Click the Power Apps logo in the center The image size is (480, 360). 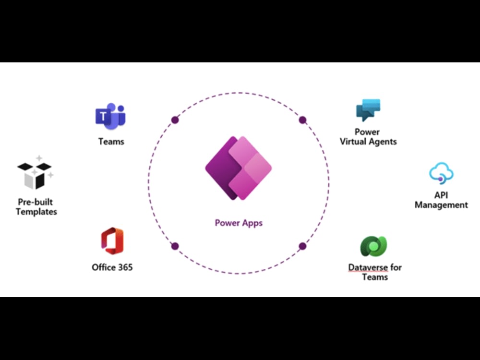pyautogui.click(x=239, y=168)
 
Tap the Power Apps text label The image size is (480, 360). pyautogui.click(x=239, y=223)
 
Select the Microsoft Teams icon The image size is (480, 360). pyautogui.click(x=110, y=116)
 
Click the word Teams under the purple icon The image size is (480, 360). pyautogui.click(x=111, y=142)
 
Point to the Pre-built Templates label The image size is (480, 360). pyautogui.click(x=36, y=207)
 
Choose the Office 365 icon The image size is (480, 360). pyautogui.click(x=112, y=241)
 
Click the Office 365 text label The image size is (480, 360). pyautogui.click(x=112, y=267)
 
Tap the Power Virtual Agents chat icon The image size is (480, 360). pyautogui.click(x=368, y=110)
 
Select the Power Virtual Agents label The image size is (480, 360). pyautogui.click(x=368, y=137)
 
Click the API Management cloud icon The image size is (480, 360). pyautogui.click(x=441, y=174)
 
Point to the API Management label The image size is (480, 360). pyautogui.click(x=441, y=200)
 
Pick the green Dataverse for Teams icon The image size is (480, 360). pyautogui.click(x=373, y=246)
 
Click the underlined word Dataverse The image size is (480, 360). pyautogui.click(x=368, y=267)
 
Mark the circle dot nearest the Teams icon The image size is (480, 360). pyautogui.click(x=175, y=120)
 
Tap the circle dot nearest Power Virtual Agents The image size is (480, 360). pyautogui.click(x=302, y=120)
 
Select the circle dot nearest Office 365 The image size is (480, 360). pyautogui.click(x=175, y=246)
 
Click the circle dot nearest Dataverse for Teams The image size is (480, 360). pyautogui.click(x=302, y=246)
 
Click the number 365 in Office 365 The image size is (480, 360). pyautogui.click(x=125, y=267)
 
